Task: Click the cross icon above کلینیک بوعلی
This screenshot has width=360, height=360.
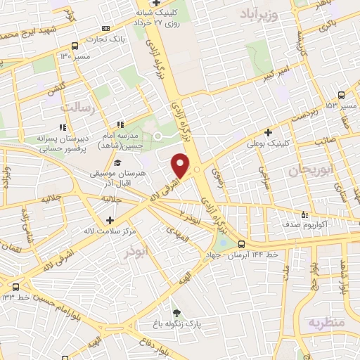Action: pos(267,131)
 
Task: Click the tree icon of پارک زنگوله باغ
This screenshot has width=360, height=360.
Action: pos(176,313)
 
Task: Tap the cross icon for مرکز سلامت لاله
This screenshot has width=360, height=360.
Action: pos(110,220)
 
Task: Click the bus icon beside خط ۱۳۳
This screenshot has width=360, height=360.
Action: pos(15,286)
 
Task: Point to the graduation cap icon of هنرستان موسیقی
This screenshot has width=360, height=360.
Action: pos(117,163)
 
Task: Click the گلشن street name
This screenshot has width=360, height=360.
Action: pos(56,90)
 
